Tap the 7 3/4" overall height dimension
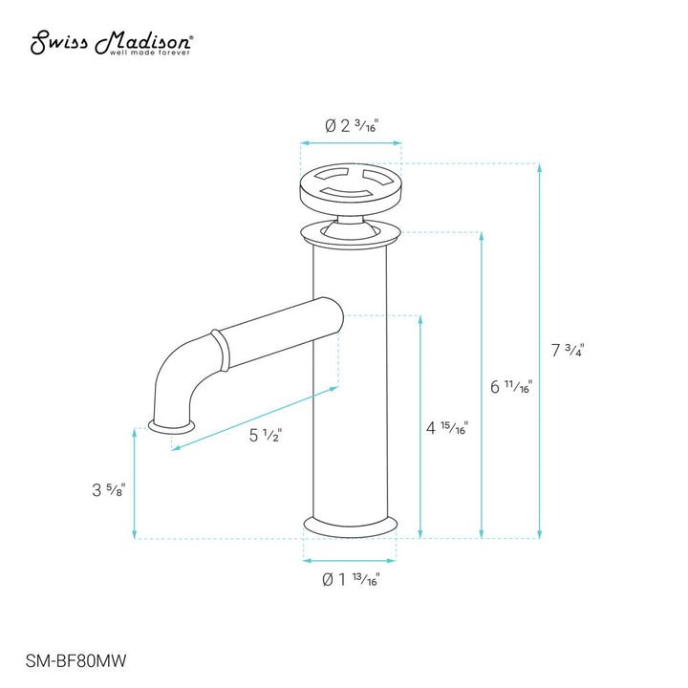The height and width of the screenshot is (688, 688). point(568,350)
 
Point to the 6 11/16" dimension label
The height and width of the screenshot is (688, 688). point(510,387)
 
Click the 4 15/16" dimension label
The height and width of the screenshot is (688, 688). point(447,428)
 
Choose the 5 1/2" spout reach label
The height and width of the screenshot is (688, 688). point(266,436)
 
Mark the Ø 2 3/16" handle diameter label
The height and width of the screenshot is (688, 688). point(351,126)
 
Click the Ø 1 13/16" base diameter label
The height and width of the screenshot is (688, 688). point(351,579)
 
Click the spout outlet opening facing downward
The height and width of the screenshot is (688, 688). point(173,423)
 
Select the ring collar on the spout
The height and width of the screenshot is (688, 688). point(222,350)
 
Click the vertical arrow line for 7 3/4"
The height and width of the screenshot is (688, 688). point(540,350)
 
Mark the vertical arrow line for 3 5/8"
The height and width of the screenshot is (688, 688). point(135,483)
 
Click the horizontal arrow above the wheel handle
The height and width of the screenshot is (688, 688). point(351,144)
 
